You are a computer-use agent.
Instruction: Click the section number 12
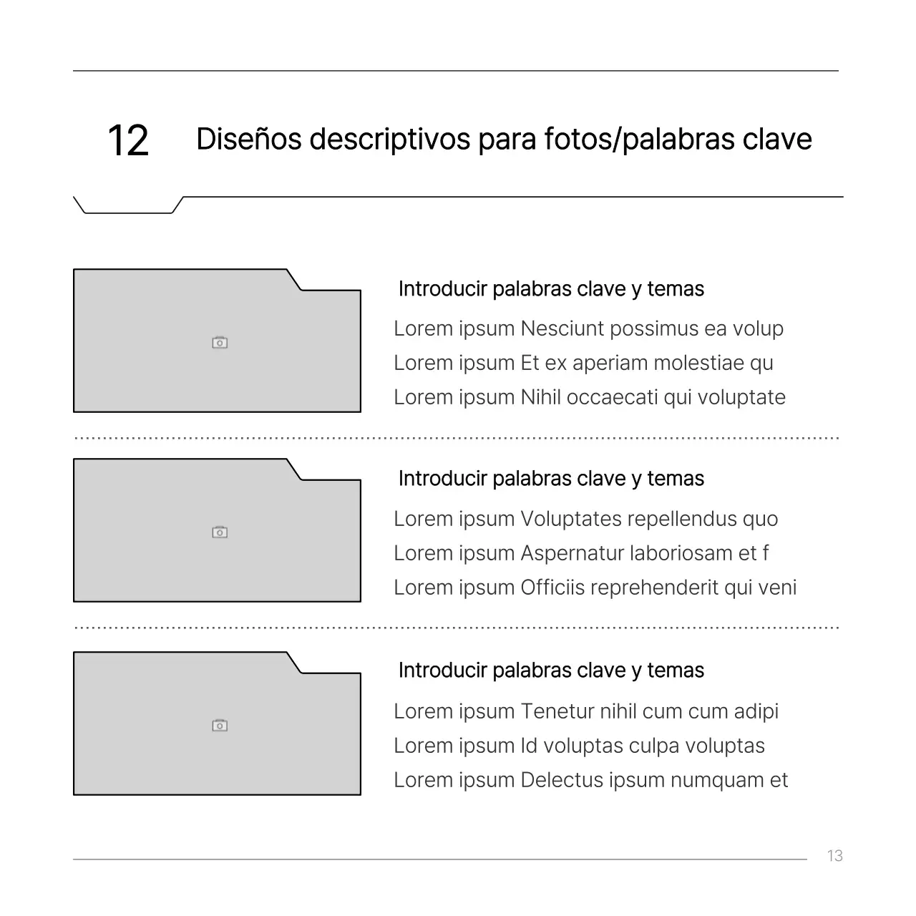tap(128, 140)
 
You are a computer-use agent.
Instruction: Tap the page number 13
tap(834, 856)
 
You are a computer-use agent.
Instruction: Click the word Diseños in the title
tap(248, 139)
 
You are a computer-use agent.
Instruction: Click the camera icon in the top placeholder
tap(220, 343)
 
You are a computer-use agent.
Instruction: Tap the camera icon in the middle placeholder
tap(220, 532)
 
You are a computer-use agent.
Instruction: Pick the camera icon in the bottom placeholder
tap(220, 726)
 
